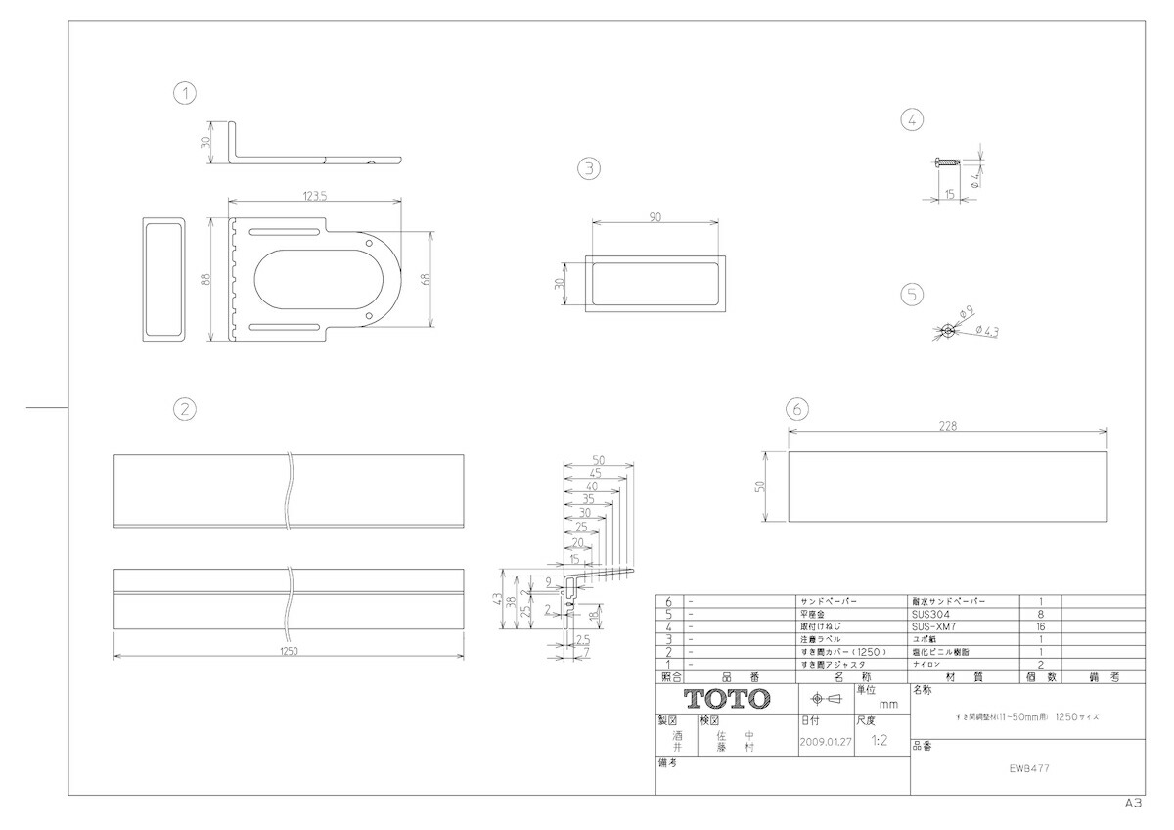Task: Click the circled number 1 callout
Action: (x=184, y=93)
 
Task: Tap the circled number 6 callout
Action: (x=797, y=408)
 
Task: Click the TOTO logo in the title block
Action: (x=726, y=699)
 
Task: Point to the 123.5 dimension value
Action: (x=314, y=196)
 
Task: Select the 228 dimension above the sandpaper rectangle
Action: (x=946, y=425)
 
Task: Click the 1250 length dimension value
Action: (x=289, y=651)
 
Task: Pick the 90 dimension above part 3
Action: (x=655, y=217)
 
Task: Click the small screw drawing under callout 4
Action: (x=944, y=162)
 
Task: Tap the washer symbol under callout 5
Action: (x=947, y=331)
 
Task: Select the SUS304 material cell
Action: (x=930, y=613)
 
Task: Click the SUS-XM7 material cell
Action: (x=935, y=625)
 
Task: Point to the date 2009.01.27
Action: (x=826, y=741)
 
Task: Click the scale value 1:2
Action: (x=878, y=741)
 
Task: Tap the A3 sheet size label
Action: (x=1133, y=802)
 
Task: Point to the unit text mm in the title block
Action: (x=887, y=704)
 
